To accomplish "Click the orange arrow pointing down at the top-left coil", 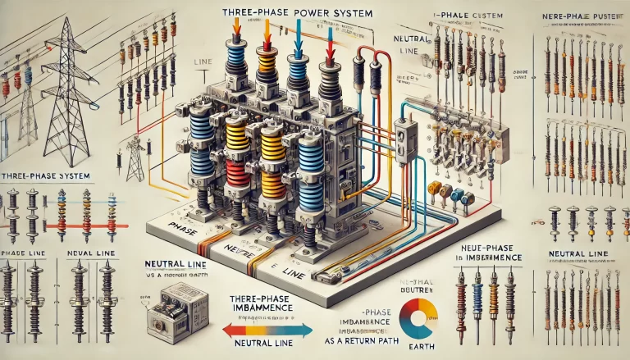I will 235,30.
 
